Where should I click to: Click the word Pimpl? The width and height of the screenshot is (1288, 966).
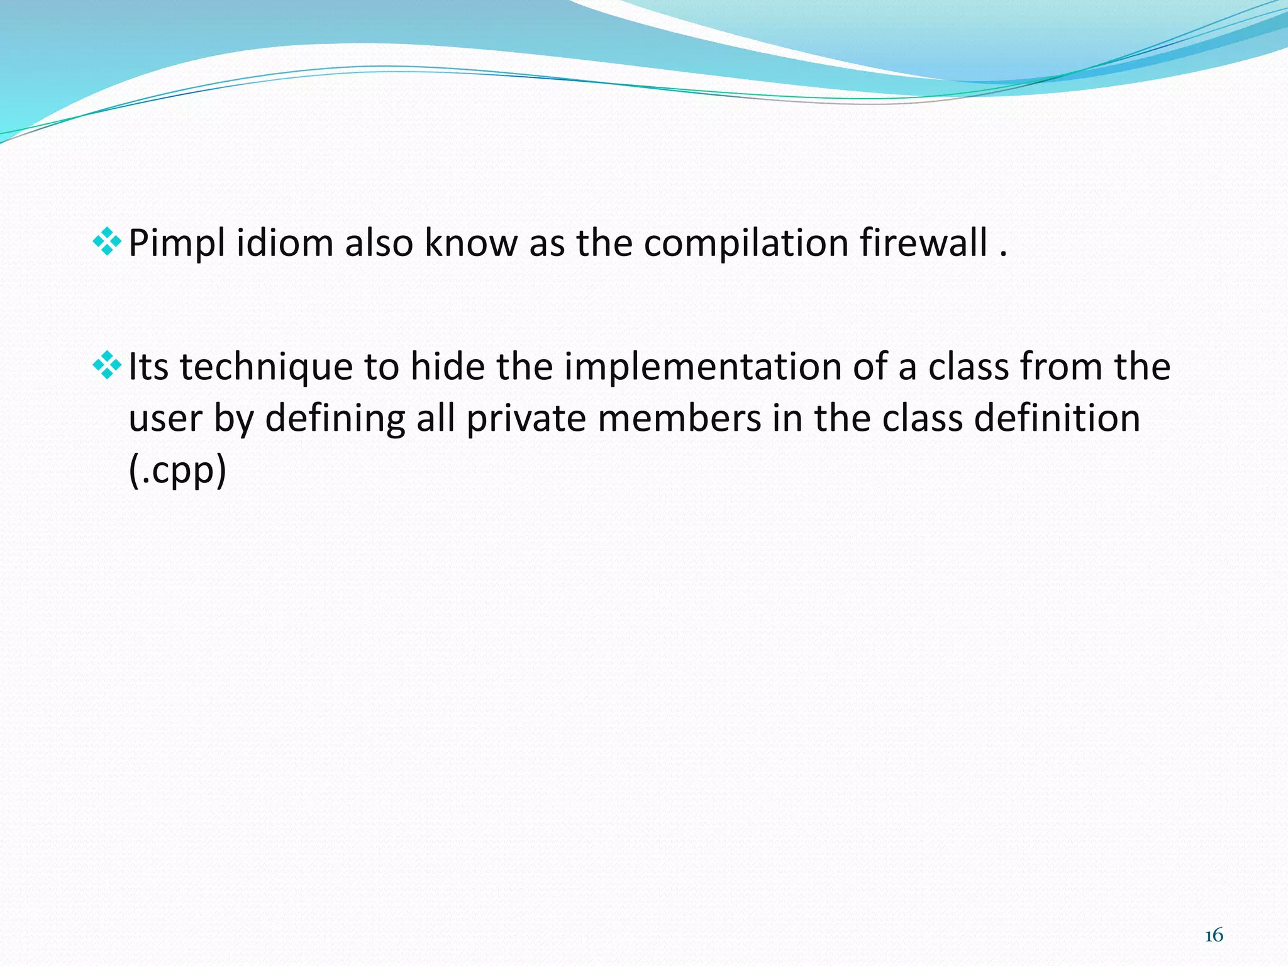pyautogui.click(x=177, y=244)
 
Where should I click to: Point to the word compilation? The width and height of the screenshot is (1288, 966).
pyautogui.click(x=746, y=244)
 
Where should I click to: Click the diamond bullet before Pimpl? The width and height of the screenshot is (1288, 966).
pyautogui.click(x=107, y=243)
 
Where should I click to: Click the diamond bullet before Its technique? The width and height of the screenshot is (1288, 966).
pyautogui.click(x=107, y=366)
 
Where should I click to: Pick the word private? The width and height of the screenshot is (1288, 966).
pyautogui.click(x=526, y=419)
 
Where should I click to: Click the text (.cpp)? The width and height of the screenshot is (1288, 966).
pyautogui.click(x=177, y=471)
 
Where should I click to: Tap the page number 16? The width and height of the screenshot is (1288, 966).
pyautogui.click(x=1214, y=936)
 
